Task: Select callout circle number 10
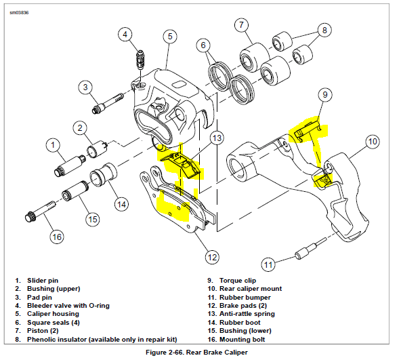pos(372,142)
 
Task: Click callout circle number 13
pos(216,138)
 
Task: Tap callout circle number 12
pos(213,256)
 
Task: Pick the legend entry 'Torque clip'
pos(234,280)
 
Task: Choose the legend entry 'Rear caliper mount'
pos(250,288)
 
